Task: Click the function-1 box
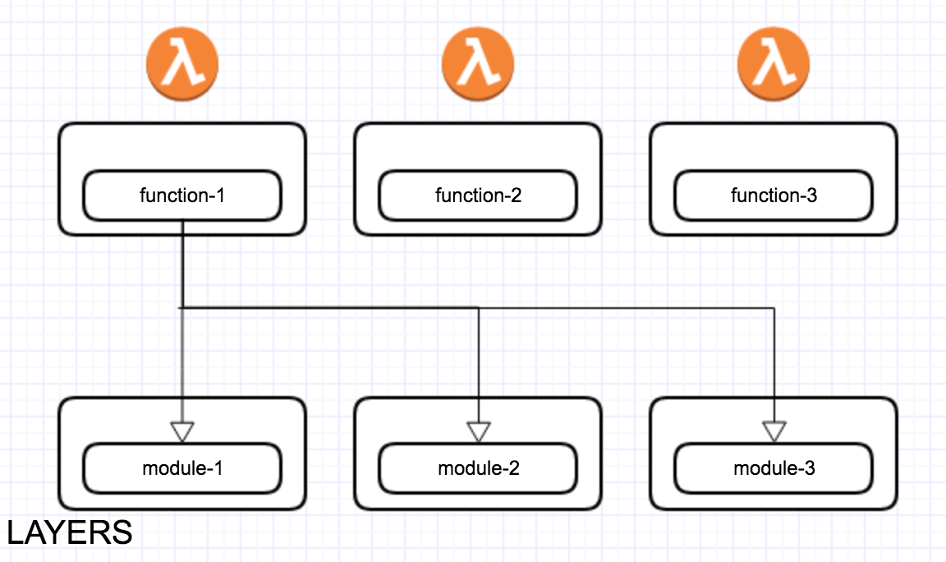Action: [x=182, y=196]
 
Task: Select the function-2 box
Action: [x=478, y=196]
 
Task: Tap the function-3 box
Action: [x=774, y=196]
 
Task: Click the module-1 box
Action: [x=182, y=469]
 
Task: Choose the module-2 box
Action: [x=478, y=469]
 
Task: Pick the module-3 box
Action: [x=774, y=469]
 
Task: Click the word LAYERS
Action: [x=70, y=533]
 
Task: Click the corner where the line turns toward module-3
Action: [x=774, y=308]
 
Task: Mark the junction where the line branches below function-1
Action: [x=181, y=308]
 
